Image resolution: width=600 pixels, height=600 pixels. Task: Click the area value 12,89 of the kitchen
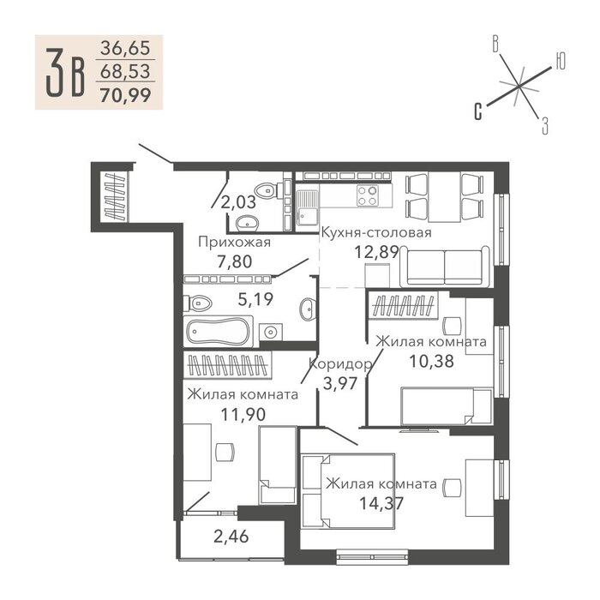pos(376,252)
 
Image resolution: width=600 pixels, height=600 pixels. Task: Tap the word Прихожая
pos(235,243)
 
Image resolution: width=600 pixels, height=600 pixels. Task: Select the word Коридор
pos(340,364)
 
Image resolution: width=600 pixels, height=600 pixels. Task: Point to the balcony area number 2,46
pos(231,537)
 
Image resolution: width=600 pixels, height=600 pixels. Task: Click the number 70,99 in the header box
pos(125,95)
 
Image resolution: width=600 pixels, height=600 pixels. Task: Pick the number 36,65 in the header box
pos(125,48)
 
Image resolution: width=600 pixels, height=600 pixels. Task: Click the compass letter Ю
pos(560,61)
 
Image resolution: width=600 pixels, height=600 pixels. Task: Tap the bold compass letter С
pos(477,111)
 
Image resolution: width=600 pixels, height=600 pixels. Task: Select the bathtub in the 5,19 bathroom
pos(218,332)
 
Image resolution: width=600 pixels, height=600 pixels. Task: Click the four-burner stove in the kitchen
pos(367,195)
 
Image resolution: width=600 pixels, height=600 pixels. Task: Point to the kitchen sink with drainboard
pos(307,207)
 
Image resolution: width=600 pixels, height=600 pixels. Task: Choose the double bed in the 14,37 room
pos(348,491)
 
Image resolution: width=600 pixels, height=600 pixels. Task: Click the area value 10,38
pos(432,361)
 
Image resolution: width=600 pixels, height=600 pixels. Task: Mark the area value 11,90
pos(243,414)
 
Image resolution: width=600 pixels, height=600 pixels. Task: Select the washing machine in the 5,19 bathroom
pos(271,332)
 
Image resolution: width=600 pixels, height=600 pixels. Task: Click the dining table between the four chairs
pos(444,197)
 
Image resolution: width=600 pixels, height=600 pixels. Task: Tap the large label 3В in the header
pos(65,72)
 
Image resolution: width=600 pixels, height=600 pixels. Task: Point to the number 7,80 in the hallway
pos(235,261)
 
